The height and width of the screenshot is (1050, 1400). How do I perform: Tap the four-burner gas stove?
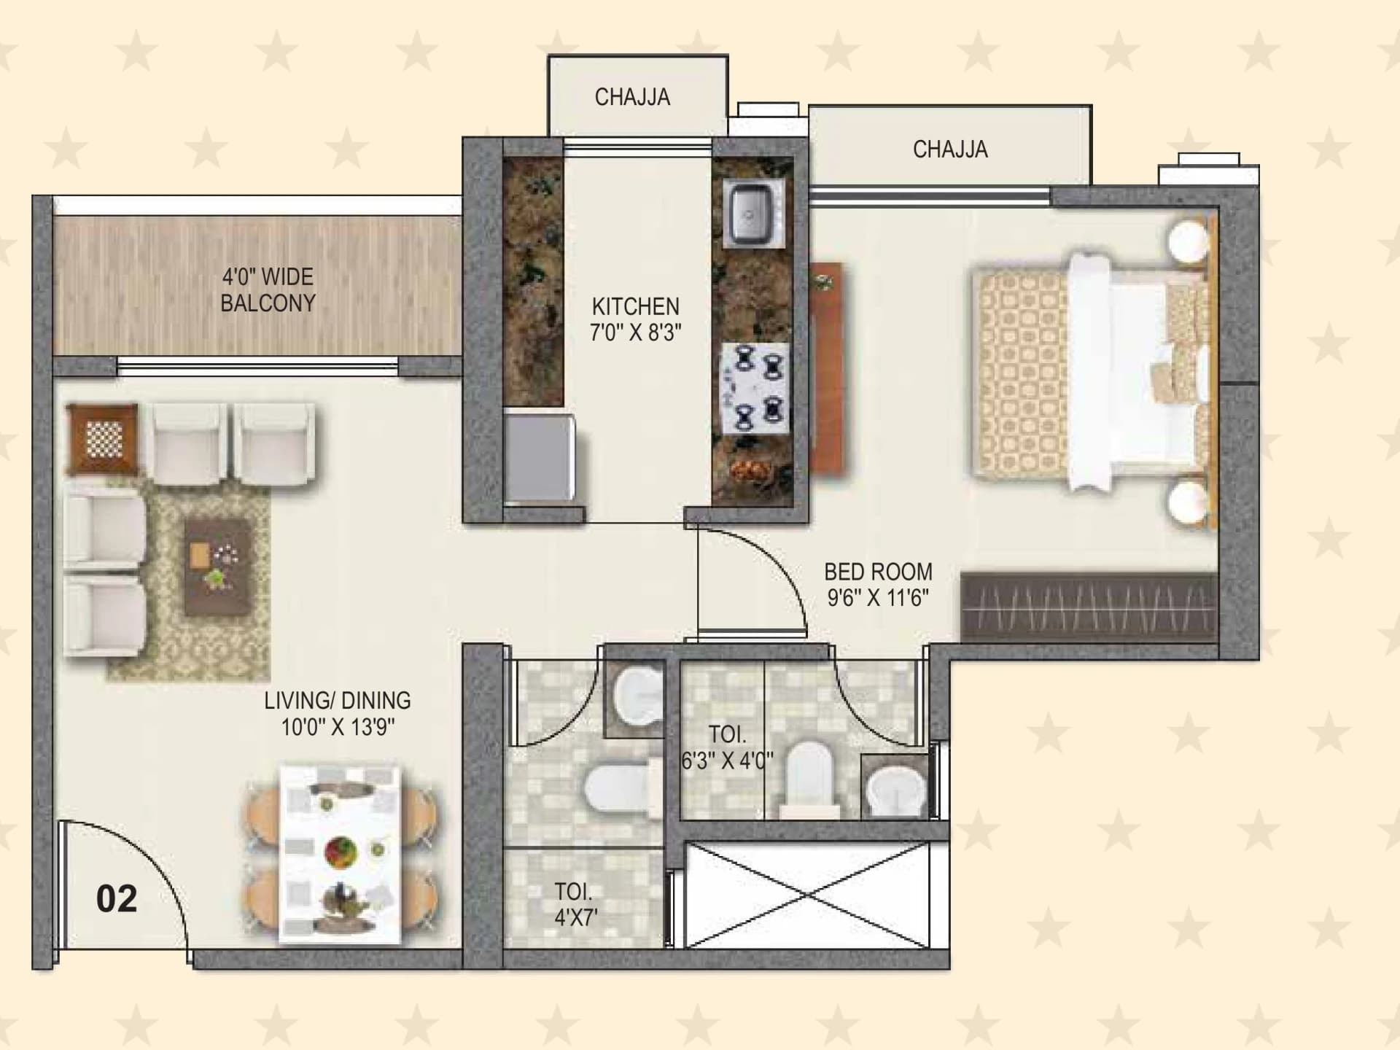[x=755, y=387]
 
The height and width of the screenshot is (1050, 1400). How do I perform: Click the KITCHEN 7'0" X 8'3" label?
[x=635, y=319]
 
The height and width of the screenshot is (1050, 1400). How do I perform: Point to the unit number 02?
[x=117, y=899]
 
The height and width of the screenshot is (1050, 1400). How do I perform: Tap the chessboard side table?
[x=102, y=439]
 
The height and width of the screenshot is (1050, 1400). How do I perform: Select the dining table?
[x=341, y=853]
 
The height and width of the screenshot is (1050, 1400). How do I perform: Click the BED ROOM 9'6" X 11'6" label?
[x=878, y=585]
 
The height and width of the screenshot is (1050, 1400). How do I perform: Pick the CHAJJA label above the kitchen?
[x=632, y=97]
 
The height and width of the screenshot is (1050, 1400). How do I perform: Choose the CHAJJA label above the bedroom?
[x=950, y=149]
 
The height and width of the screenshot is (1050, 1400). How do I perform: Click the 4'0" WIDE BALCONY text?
[x=268, y=289]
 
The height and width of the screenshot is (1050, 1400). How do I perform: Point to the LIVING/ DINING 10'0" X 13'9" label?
[x=338, y=713]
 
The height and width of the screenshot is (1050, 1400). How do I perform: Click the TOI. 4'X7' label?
[x=575, y=904]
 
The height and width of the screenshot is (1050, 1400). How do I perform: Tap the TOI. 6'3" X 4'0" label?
[x=727, y=747]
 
